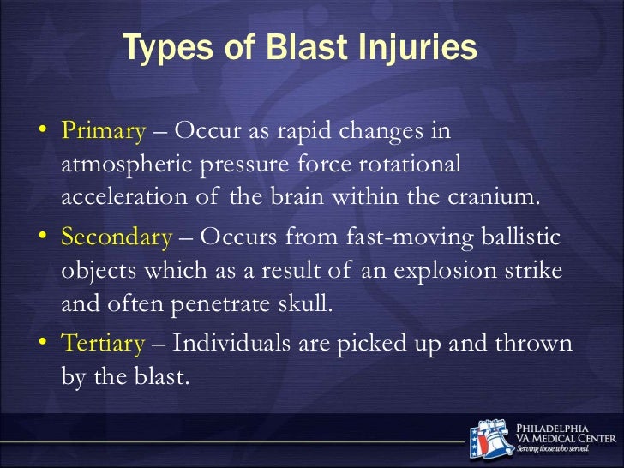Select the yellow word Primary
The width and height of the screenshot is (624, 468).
pos(103,131)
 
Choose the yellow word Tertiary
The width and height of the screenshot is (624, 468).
pos(103,344)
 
